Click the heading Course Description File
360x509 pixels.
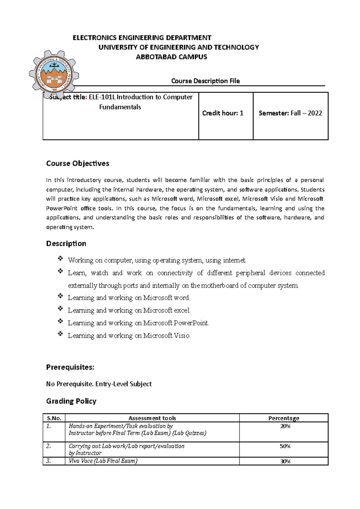[205, 81]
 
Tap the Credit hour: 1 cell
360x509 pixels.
[223, 113]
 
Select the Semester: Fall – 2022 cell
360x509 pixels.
[290, 113]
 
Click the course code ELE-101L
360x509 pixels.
[102, 97]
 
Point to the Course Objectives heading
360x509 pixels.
[77, 163]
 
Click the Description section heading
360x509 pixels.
[66, 243]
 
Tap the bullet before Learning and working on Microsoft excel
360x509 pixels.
[60, 308]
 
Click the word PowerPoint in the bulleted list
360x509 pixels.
[191, 323]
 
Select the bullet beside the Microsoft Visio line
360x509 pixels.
[60, 334]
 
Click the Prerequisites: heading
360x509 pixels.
[70, 367]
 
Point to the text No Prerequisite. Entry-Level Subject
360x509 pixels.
[99, 384]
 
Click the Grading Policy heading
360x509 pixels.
[71, 401]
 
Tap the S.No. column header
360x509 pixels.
[54, 418]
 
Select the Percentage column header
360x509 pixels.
[283, 418]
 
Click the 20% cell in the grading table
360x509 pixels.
[285, 426]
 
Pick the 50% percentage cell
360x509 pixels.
[285, 446]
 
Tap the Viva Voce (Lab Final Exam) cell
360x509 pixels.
[103, 461]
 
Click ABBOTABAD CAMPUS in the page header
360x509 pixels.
[171, 57]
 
